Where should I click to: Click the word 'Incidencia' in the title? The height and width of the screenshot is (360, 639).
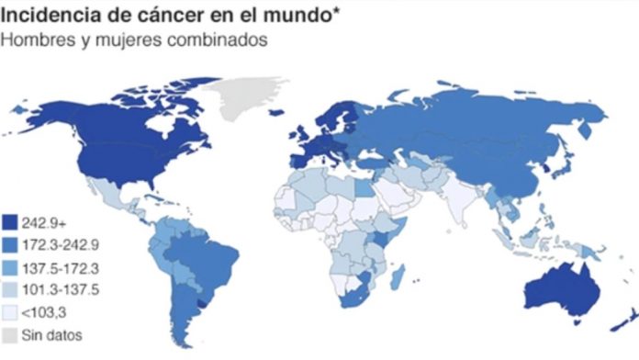51,16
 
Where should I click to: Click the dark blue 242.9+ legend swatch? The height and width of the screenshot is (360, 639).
11,221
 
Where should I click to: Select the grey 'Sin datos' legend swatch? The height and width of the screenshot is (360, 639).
11,333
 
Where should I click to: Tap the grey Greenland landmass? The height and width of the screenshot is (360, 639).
248,92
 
